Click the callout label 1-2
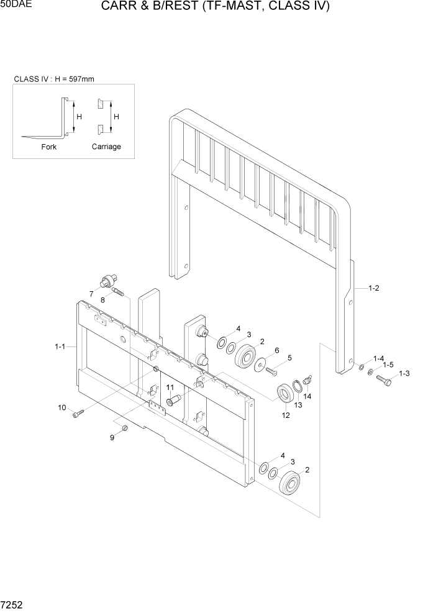(x=373, y=288)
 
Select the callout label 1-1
(x=60, y=346)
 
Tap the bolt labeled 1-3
(x=384, y=379)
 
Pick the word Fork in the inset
(x=48, y=147)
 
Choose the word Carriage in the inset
(x=106, y=147)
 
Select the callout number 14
(x=307, y=396)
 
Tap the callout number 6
(x=276, y=350)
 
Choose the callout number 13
(x=297, y=404)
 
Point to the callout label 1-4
(x=378, y=359)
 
